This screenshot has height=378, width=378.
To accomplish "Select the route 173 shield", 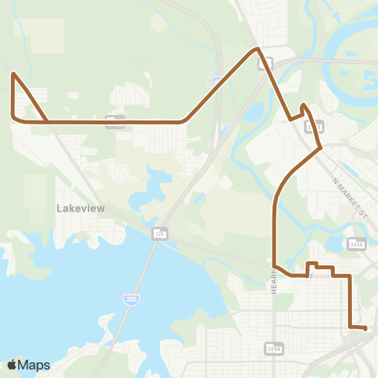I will click(x=160, y=234).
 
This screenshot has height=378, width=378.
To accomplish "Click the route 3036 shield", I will click(x=357, y=244).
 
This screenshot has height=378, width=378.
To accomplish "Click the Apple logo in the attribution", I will click(x=12, y=365).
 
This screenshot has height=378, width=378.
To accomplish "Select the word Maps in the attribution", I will click(x=35, y=365).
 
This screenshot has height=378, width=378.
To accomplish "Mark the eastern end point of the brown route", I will click(x=366, y=328).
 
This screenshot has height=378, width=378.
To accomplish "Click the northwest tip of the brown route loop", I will click(x=13, y=74).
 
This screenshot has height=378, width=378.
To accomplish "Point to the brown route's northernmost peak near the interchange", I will click(x=256, y=50).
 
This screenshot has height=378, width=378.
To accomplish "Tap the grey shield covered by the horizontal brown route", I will click(x=115, y=120).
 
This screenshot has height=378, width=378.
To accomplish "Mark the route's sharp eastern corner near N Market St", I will click(x=320, y=146).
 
